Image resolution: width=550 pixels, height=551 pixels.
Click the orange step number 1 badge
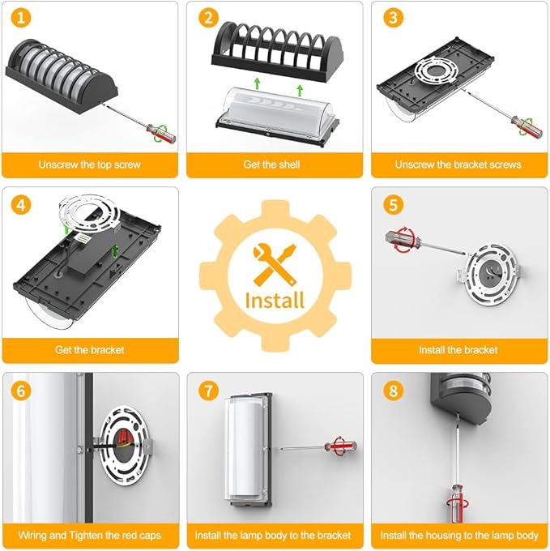click(21, 18)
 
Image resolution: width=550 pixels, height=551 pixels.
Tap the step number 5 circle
click(393, 205)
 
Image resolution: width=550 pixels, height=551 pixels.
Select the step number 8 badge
click(393, 391)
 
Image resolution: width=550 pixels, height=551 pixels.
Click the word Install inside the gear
click(275, 301)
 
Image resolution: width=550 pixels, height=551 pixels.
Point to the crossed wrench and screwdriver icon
click(275, 263)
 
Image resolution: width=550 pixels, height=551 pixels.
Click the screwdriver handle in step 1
click(161, 133)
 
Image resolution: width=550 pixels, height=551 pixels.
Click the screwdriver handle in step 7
click(340, 446)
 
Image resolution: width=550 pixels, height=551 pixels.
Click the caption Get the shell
click(271, 164)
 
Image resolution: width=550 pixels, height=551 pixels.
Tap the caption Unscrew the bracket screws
click(458, 164)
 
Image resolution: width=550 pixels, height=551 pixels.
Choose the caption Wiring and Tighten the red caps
click(90, 535)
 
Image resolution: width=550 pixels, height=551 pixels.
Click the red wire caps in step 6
click(124, 437)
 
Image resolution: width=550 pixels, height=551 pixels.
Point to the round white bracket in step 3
click(437, 70)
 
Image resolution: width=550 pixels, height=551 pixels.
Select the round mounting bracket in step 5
click(491, 273)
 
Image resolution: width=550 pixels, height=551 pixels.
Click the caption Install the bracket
click(458, 350)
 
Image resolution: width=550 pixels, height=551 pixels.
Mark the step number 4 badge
click(21, 205)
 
